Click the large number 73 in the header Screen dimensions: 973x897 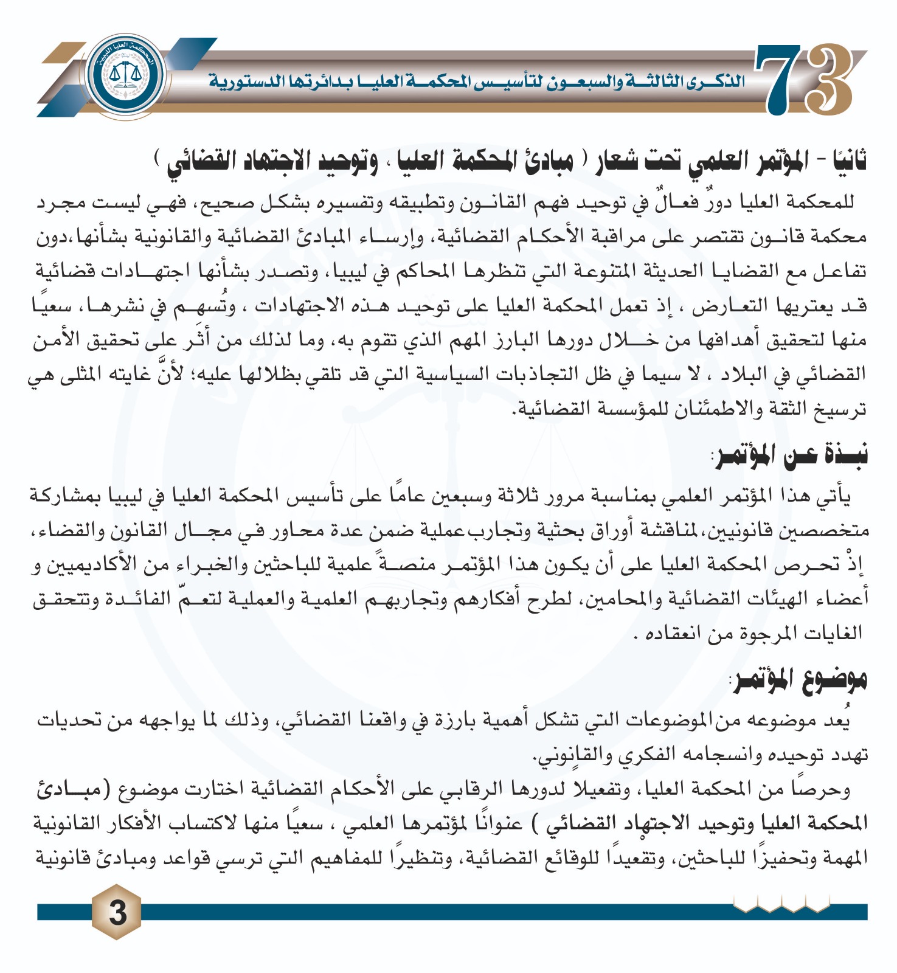pyautogui.click(x=803, y=79)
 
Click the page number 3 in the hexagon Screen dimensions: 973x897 pyautogui.click(x=116, y=912)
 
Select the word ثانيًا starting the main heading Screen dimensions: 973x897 pyautogui.click(x=842, y=161)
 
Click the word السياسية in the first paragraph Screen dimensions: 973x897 pyautogui.click(x=447, y=374)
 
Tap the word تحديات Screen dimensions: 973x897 pyautogui.click(x=68, y=721)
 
